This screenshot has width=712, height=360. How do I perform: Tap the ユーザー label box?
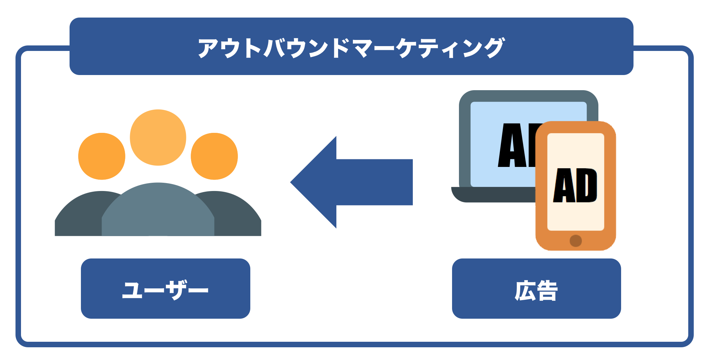pos(165,288)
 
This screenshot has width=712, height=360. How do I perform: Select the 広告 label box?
pos(536,288)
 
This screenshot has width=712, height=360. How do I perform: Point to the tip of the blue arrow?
pos(292,182)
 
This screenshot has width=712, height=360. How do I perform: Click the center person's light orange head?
pos(158,137)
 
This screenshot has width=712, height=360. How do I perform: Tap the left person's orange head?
pos(102,156)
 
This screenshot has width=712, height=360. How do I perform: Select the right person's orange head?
pos(214,156)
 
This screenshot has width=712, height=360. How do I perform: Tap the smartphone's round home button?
pos(576,241)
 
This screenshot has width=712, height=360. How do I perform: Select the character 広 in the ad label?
pos(525,291)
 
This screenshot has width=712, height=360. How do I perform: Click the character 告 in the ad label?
pos(547,291)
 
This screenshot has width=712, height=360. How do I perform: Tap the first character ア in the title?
pos(209,48)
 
